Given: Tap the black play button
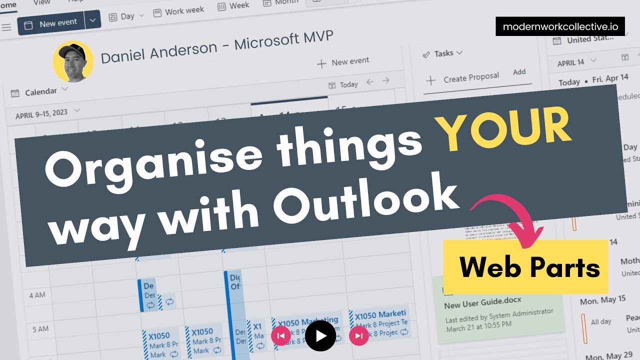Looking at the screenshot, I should (320, 336).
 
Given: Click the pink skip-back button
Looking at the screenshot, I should (281, 336).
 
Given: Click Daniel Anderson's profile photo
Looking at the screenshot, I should (73, 61).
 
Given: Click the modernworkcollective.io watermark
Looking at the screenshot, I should (560, 26).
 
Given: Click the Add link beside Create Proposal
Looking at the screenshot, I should (519, 72).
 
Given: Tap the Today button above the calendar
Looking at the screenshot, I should (343, 84).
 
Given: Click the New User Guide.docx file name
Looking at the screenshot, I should (482, 301).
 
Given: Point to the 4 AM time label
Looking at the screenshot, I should (37, 295).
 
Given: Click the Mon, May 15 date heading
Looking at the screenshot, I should (602, 300).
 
